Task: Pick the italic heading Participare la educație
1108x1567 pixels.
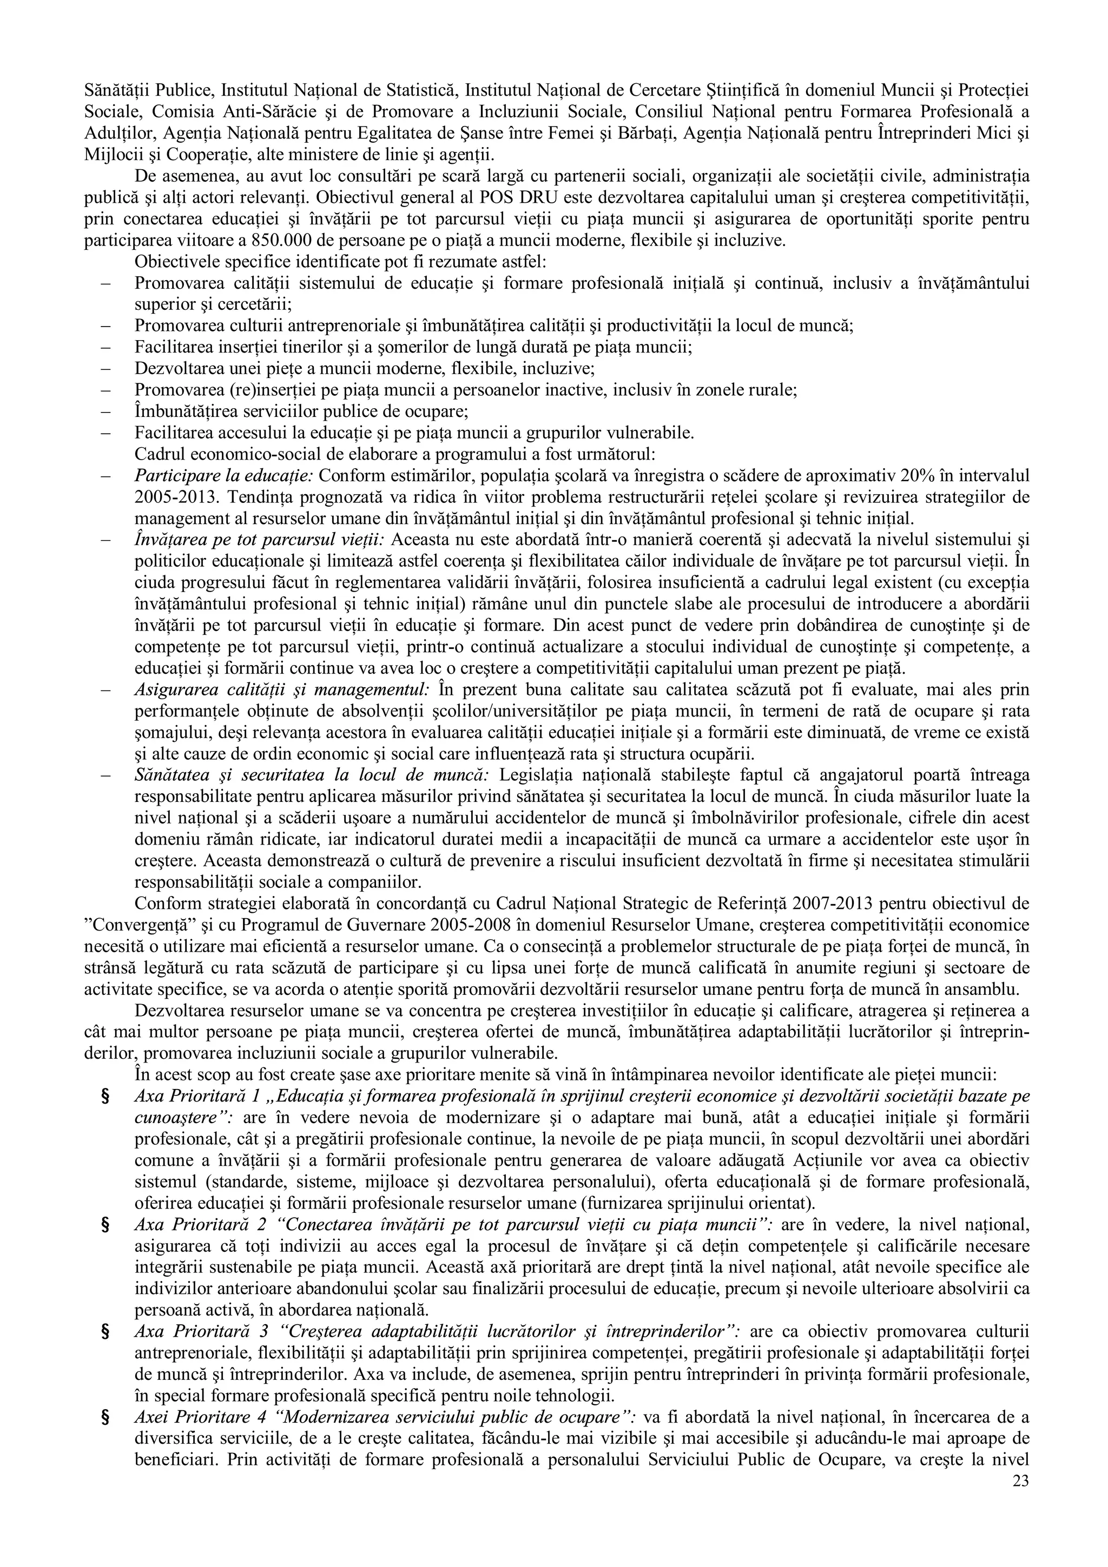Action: coord(224,476)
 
